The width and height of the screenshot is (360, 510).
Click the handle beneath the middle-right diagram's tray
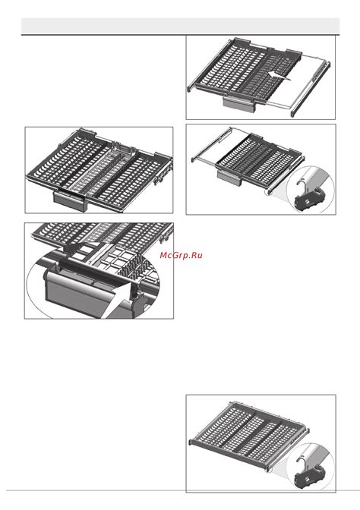[229, 176]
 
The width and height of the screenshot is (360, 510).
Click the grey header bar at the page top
[179, 26]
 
